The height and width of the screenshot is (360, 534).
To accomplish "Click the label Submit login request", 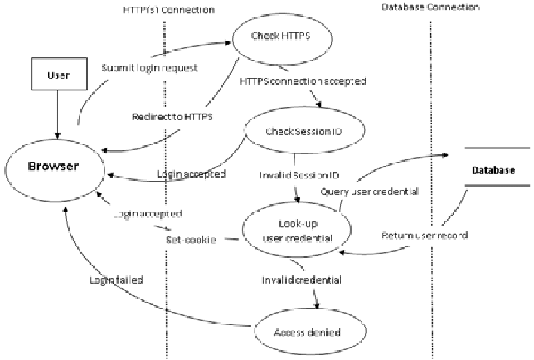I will pyautogui.click(x=149, y=67).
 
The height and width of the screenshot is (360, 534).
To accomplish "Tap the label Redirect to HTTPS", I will pyautogui.click(x=172, y=117).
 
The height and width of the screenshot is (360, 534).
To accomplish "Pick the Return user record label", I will pyautogui.click(x=425, y=236).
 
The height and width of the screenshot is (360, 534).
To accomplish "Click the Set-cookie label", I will pyautogui.click(x=190, y=239).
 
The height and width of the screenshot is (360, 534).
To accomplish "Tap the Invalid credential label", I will pyautogui.click(x=299, y=280).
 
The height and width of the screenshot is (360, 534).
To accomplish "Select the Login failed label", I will pyautogui.click(x=117, y=280).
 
